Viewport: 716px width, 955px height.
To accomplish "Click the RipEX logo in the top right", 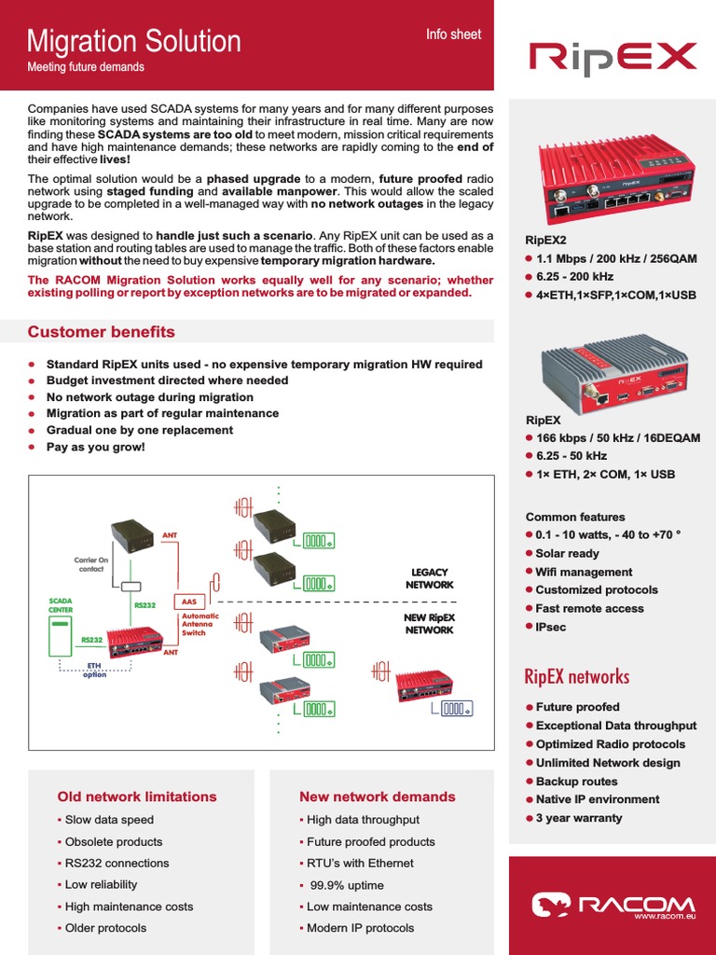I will tap(613, 57).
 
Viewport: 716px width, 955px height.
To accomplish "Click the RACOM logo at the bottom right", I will tap(613, 905).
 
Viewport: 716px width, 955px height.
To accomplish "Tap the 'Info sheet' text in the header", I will tap(453, 35).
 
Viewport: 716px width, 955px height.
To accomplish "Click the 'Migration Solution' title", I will tap(133, 41).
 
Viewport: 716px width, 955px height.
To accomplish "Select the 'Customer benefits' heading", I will tap(101, 332).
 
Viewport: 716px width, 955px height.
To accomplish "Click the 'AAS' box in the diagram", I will tap(188, 602).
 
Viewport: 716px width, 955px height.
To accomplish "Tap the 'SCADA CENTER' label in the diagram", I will tap(61, 605).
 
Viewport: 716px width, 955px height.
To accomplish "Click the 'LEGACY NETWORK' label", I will tap(429, 578).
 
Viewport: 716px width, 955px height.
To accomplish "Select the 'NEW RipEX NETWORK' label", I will tap(429, 624).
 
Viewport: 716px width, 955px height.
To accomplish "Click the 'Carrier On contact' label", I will tap(91, 564).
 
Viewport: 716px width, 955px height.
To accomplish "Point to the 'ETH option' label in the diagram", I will tap(94, 671).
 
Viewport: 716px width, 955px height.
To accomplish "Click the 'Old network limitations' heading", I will tap(137, 796).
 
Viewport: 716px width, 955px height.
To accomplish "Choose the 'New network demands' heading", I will tap(377, 796).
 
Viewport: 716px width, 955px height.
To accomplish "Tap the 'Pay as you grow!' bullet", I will tap(95, 447).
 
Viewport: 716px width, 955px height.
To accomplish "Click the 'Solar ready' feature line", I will tap(567, 553).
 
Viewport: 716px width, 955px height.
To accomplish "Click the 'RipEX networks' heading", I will tap(577, 676).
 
